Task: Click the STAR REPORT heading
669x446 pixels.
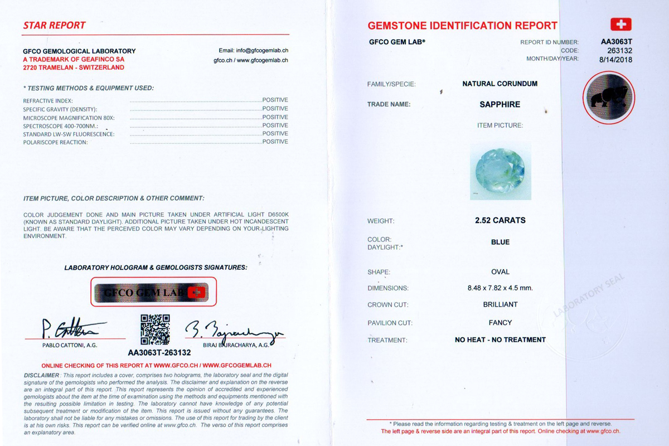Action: [54, 26]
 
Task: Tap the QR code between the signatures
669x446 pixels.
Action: [155, 329]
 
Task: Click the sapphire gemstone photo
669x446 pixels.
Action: [500, 170]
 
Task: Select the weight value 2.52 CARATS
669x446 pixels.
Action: [500, 220]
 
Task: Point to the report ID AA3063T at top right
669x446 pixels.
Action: [616, 42]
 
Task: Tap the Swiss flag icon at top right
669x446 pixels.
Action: [620, 25]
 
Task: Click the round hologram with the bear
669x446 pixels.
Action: [608, 98]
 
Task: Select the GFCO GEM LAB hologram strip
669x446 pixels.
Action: [153, 292]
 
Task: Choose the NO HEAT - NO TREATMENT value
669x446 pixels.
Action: [500, 340]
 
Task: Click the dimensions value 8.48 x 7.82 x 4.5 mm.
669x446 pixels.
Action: [500, 288]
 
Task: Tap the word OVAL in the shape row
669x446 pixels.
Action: [500, 272]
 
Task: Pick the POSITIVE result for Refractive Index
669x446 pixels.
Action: [275, 100]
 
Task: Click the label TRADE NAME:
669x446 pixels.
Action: [389, 104]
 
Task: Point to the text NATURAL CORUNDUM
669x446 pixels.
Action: [500, 84]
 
